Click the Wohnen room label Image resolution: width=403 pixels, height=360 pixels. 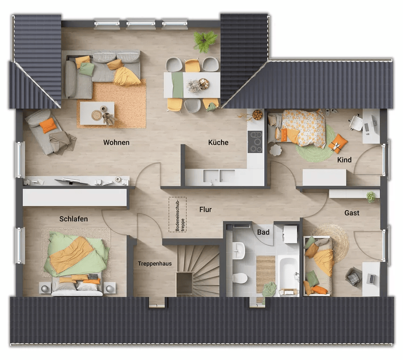[116, 143]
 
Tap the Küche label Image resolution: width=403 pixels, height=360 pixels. [218, 142]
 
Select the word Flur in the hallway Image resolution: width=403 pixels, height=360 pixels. [205, 210]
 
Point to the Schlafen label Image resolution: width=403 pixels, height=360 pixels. [74, 219]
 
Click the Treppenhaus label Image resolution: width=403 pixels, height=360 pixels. [154, 264]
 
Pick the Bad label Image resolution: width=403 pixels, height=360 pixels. [263, 232]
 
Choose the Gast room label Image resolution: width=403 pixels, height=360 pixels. [352, 213]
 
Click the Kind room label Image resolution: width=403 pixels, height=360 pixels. [344, 160]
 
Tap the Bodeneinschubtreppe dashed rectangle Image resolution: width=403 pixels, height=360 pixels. [178, 214]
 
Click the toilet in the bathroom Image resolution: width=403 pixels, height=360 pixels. [240, 278]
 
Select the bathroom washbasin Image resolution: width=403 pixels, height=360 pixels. [239, 250]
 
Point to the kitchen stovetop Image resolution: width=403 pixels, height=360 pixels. [255, 142]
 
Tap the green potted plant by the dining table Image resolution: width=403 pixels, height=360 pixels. [205, 41]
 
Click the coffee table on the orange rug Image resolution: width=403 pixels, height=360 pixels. [97, 113]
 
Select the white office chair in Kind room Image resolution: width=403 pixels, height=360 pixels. [356, 122]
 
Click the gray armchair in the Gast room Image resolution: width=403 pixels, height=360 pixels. [353, 277]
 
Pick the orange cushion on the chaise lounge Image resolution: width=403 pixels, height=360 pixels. [48, 125]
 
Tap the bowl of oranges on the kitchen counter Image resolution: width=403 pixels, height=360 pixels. [257, 115]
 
